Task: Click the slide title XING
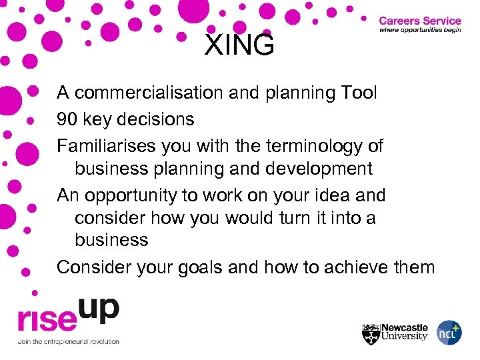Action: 239,45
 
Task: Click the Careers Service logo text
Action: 419,21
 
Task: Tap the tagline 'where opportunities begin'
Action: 419,31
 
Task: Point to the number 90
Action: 68,120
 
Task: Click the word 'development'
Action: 319,169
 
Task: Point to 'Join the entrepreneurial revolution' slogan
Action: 69,341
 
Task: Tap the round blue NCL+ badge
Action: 449,333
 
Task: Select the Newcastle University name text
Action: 404,332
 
